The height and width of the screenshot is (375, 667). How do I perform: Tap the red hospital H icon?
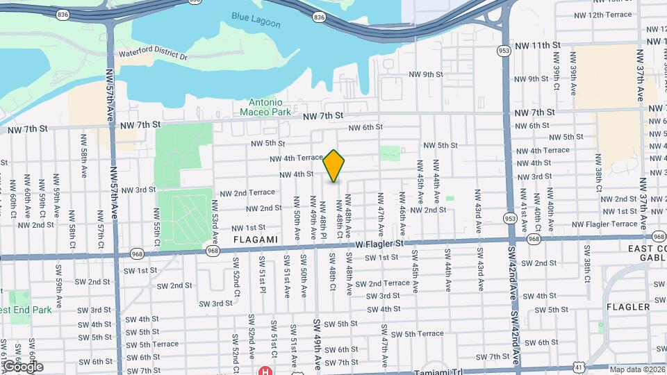265,371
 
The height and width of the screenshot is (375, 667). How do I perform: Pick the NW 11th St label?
537,45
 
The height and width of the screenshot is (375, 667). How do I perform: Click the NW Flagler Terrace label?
604,224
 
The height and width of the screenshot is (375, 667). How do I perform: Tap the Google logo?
22,366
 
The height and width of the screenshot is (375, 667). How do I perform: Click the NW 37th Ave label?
641,71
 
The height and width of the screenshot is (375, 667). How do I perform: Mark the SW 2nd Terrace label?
382,283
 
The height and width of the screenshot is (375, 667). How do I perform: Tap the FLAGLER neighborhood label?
627,306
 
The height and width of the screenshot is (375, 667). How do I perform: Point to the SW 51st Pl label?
263,275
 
